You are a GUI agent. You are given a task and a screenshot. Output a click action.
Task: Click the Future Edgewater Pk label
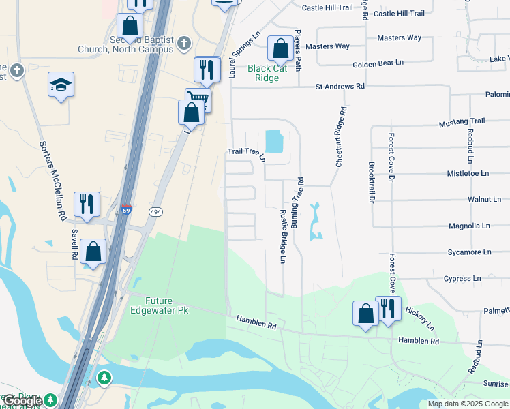point(151,305)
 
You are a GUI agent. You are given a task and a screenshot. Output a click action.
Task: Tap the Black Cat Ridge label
point(268,73)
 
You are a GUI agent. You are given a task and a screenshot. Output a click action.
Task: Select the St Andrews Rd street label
point(340,87)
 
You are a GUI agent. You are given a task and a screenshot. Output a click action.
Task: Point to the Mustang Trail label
point(460,121)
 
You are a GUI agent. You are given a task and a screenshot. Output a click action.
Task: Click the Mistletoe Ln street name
point(466,174)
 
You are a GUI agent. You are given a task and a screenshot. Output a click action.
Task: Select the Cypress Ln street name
point(462,279)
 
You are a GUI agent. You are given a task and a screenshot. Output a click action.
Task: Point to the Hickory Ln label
point(420,314)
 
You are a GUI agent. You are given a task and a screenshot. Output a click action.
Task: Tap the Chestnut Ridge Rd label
point(340,137)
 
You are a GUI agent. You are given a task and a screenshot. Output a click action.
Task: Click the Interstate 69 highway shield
point(125,211)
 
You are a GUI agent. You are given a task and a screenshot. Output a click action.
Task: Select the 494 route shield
point(156,211)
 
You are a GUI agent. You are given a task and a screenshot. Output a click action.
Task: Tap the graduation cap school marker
point(61,85)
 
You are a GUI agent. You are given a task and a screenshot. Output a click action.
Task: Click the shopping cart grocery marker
point(198,100)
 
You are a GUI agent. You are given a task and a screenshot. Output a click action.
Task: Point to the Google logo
point(22,401)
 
